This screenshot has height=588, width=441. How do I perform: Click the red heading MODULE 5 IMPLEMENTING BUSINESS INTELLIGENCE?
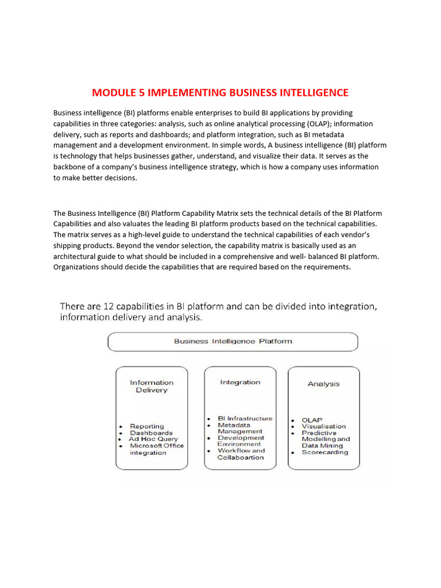click(220, 92)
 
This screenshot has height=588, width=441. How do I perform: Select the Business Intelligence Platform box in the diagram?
click(233, 341)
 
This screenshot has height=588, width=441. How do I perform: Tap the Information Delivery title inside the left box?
click(152, 386)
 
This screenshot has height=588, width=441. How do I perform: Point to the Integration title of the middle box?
click(240, 382)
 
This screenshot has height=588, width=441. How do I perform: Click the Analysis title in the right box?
click(323, 384)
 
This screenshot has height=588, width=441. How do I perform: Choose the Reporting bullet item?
click(146, 426)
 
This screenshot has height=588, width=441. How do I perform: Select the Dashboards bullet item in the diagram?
click(151, 433)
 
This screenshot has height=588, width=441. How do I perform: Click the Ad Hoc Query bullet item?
click(153, 439)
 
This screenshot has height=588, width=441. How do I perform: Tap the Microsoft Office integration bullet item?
click(156, 449)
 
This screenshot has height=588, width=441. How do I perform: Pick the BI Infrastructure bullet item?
click(245, 419)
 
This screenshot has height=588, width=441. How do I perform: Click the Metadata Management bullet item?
click(240, 428)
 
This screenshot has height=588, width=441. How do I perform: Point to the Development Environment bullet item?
click(241, 441)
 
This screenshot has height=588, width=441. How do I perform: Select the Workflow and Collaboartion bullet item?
click(241, 454)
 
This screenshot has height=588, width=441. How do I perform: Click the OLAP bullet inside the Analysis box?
click(312, 420)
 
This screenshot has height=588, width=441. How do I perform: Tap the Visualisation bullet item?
click(324, 426)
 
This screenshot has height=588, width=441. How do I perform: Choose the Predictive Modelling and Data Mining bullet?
click(326, 439)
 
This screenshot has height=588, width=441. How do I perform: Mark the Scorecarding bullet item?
click(325, 452)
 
